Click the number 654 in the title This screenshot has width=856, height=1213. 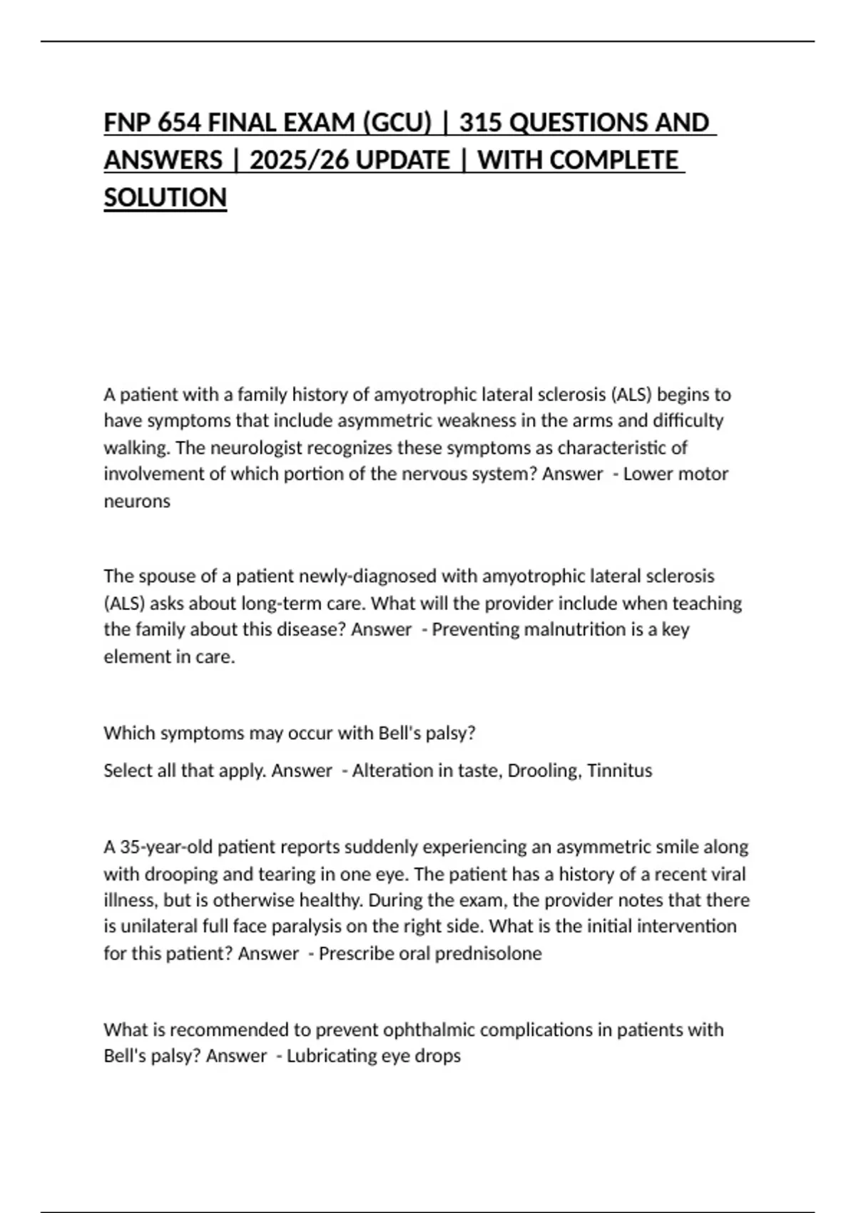click(179, 123)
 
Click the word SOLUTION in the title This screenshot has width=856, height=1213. click(165, 197)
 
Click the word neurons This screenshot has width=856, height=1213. click(137, 501)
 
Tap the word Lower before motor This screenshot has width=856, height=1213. click(648, 474)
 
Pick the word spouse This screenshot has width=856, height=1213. click(162, 576)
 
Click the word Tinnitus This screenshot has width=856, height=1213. click(619, 771)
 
